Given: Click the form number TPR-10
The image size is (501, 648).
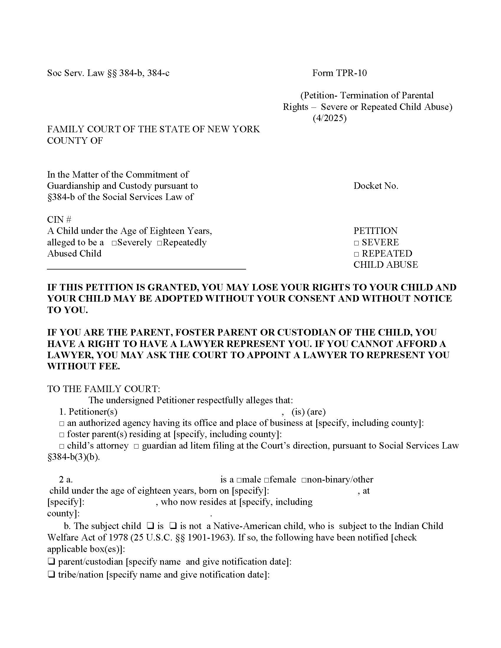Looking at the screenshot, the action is coord(339,73).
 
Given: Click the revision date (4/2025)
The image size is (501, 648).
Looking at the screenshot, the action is coord(329,118).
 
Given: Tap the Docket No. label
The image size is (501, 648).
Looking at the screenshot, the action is coord(375,186).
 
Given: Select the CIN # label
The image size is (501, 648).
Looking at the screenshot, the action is coord(59,219).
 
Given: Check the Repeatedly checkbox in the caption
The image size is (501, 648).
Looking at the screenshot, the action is coord(159,243).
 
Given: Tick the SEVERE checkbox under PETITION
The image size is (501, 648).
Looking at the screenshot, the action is coord(356,243).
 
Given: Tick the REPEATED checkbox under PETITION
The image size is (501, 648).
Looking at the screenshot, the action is coord(356,254).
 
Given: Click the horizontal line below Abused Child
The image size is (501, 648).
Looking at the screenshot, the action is coord(146,269).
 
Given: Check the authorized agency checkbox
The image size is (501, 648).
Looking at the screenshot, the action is coord(61,423).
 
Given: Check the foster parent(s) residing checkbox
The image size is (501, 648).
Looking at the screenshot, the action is coord(61,435).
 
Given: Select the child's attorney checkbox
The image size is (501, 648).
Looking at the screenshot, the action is coord(61,446).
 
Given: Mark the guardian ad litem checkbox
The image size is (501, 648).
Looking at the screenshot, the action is coord(136,446).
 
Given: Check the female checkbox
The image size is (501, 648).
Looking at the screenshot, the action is coord(266,480).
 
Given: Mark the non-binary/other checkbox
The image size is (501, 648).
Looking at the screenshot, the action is coord(304,480).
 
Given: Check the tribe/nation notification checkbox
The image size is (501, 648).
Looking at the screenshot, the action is coord(51,575).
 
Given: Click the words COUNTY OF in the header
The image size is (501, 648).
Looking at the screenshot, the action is coord(75,140).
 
